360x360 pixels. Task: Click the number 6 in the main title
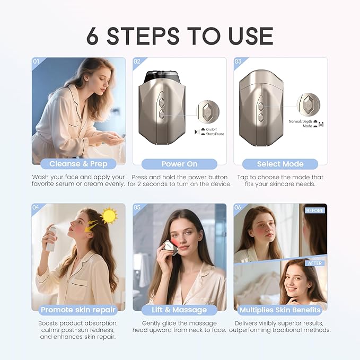pos(94,36)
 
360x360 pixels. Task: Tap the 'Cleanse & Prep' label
pos(78,164)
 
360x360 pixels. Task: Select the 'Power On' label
pos(179,164)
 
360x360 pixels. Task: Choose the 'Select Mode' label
pos(280,164)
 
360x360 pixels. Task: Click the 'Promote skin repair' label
pos(78,310)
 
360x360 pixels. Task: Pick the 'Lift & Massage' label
pos(179,310)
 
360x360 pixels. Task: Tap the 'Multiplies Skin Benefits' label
pos(280,310)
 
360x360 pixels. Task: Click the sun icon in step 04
pos(109,216)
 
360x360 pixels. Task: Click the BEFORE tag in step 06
pos(314,210)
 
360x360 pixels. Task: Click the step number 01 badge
pos(37,62)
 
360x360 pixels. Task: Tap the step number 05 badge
pos(137,207)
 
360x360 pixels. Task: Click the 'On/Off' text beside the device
pos(213,130)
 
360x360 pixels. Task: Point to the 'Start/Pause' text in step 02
pos(214,134)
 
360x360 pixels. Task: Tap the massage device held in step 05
pos(169,245)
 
